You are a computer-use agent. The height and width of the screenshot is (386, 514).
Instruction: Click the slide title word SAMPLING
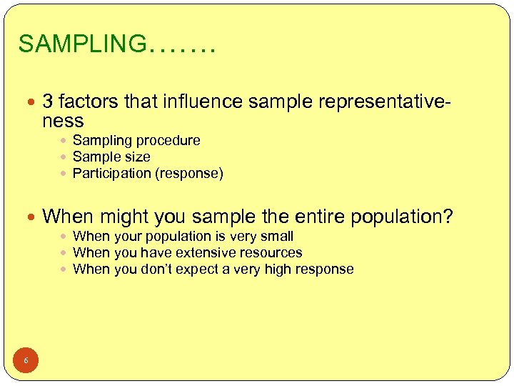(x=81, y=44)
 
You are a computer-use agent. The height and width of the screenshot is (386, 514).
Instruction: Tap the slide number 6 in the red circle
(x=26, y=360)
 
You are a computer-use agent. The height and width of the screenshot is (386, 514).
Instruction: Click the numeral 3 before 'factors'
(x=49, y=102)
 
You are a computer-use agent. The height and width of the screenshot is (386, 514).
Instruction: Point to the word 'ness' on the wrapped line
(x=63, y=121)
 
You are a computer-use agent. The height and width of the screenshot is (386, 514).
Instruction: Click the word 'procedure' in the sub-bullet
(x=169, y=141)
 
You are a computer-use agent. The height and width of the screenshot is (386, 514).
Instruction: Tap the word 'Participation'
(x=112, y=173)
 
